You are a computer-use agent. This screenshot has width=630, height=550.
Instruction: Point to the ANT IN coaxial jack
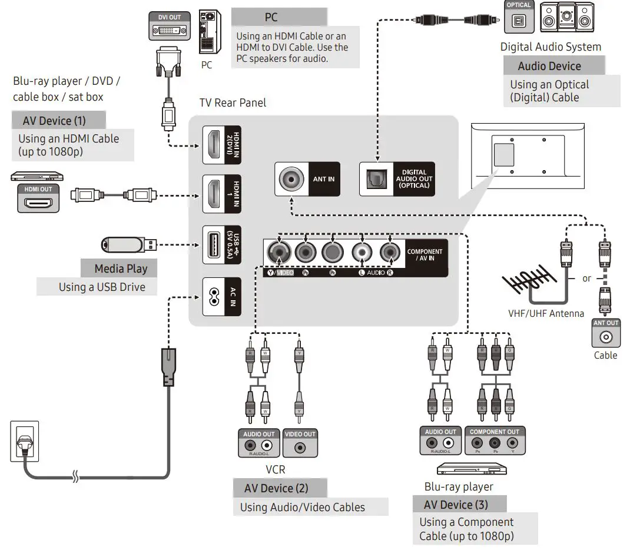click(x=291, y=179)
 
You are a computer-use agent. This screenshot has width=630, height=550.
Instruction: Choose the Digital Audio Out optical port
click(x=376, y=179)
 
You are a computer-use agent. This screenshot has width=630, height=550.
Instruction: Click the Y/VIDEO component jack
click(x=278, y=254)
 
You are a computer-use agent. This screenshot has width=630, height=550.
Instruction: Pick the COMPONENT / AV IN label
click(x=424, y=255)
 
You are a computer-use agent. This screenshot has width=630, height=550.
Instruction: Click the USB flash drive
click(x=128, y=244)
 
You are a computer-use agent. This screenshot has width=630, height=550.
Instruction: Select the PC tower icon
click(x=207, y=32)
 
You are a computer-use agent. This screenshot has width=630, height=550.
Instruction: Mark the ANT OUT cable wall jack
click(x=606, y=334)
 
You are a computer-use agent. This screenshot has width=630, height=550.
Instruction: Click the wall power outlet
click(x=25, y=441)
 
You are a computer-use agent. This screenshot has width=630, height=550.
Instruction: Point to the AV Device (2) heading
click(x=276, y=488)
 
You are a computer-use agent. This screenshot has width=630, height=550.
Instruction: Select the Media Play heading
click(x=121, y=269)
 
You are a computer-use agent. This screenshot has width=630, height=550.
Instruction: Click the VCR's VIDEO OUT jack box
click(x=300, y=443)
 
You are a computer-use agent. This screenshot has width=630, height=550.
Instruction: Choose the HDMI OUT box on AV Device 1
click(x=38, y=198)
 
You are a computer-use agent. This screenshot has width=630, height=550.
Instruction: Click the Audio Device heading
click(x=549, y=66)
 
